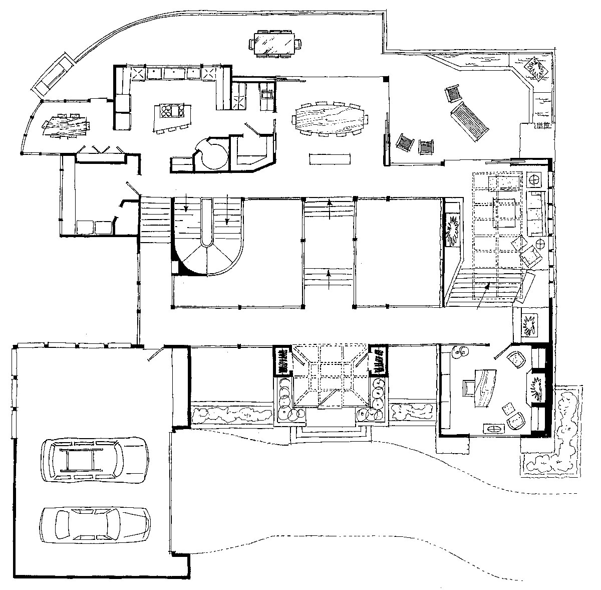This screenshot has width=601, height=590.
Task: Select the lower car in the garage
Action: click(95, 525)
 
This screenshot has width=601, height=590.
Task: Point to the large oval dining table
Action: click(329, 118)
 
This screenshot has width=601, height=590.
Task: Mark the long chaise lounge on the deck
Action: click(469, 121)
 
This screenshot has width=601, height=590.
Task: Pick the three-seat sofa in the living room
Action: click(536, 213)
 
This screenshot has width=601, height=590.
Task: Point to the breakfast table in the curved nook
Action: click(67, 125)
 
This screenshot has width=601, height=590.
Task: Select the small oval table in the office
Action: click(494, 429)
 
